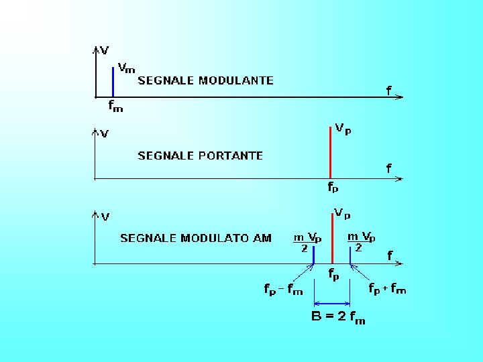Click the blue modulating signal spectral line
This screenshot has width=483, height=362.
pos(113,81)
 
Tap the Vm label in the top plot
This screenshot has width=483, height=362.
pos(126,68)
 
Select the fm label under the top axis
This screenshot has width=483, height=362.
pos(115,106)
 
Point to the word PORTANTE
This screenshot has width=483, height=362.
pos(231,156)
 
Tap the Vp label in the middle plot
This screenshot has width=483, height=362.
pos(343,129)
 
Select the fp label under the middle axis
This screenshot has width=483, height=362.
pos(333,188)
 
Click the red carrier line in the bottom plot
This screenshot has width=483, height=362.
pos(333,238)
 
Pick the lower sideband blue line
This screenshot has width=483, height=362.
pos(314,255)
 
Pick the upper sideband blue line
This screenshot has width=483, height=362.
pos(350,255)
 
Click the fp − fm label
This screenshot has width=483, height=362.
pos(283,290)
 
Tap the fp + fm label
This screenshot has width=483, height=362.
pos(387,289)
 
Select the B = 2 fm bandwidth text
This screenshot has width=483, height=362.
pos(339,317)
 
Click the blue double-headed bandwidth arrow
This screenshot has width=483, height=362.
pos(332,302)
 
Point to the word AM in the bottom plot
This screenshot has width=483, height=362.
pos(263,238)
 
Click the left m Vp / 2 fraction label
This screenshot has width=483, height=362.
pos(307,242)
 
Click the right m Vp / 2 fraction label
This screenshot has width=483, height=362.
pos(361,241)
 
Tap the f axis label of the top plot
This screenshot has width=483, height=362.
pos(389,90)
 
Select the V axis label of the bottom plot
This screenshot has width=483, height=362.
pos(106,217)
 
